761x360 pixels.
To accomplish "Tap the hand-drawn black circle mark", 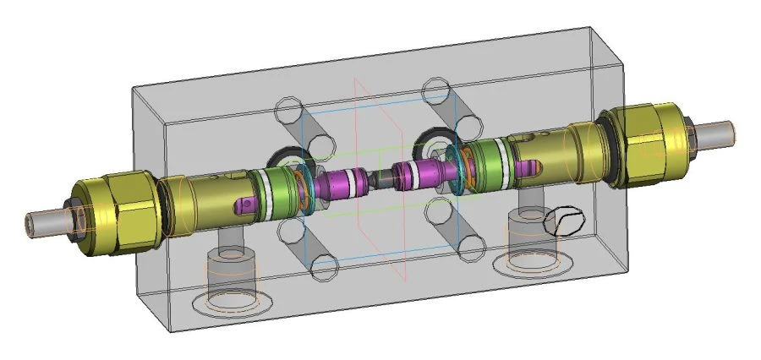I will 565,221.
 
